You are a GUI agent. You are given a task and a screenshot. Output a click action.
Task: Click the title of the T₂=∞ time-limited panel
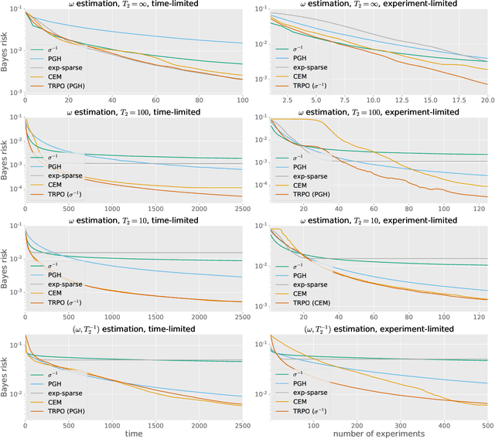click(x=135, y=5)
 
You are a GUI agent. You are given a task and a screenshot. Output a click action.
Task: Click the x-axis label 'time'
click(x=135, y=434)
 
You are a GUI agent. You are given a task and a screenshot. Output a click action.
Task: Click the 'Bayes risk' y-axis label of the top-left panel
click(x=6, y=50)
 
